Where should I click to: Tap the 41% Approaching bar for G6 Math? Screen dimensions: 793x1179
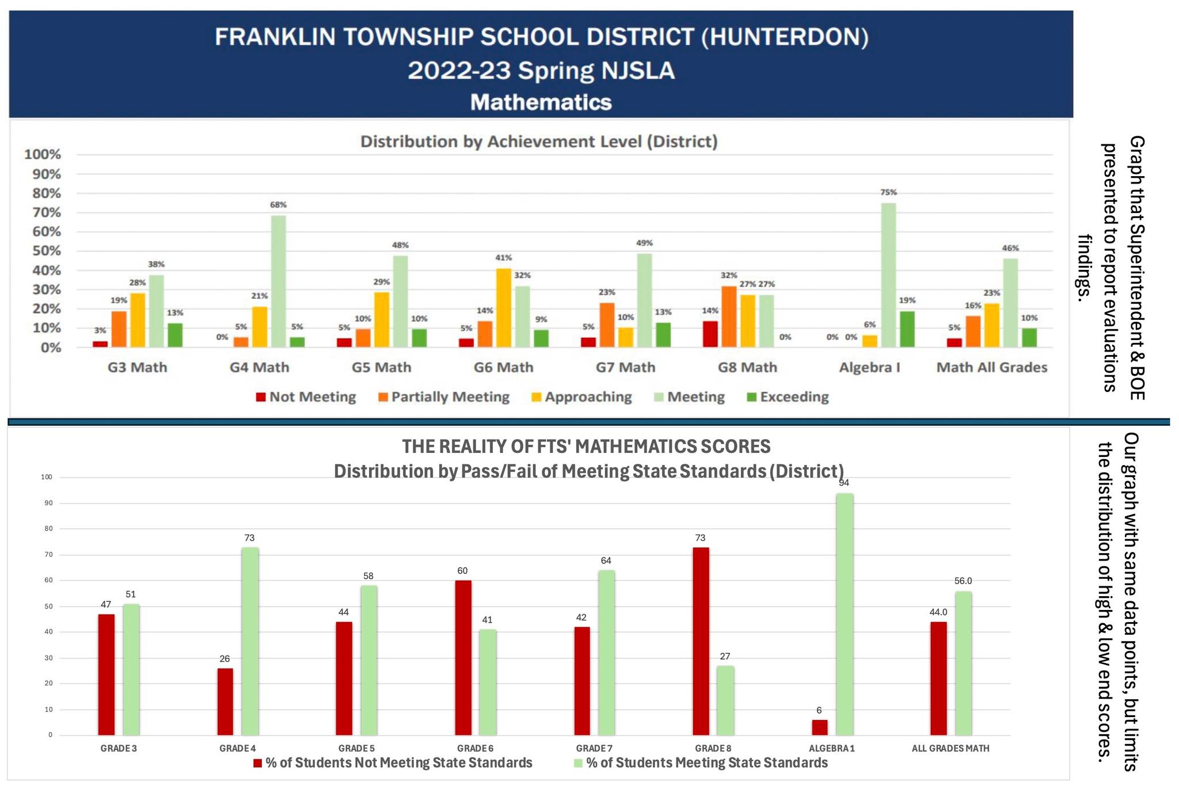pos(504,308)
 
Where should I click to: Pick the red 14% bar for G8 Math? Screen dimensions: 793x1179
pos(710,334)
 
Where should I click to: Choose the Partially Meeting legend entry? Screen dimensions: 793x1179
pos(444,397)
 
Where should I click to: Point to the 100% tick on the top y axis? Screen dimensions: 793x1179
pos(42,154)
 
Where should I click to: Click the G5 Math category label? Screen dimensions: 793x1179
pos(382,367)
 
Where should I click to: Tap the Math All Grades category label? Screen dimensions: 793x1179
pos(991,367)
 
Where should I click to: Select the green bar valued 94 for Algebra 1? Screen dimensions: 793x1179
pos(845,614)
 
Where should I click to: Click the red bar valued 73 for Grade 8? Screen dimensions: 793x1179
pos(701,641)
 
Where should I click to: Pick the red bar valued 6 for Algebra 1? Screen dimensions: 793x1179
pos(820,727)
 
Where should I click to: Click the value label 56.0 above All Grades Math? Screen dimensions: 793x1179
pos(963,581)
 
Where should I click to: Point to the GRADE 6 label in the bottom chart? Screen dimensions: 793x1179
pos(476,749)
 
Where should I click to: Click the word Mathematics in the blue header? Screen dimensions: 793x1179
pos(541,102)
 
